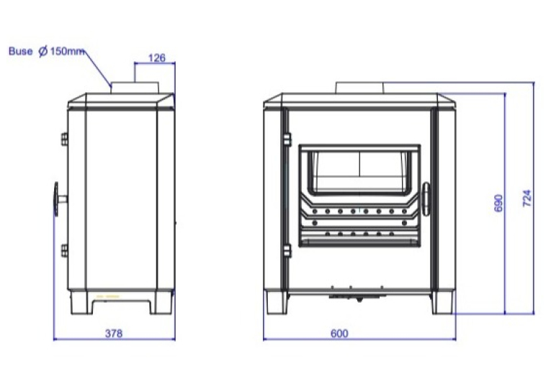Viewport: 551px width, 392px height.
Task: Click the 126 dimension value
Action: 157,58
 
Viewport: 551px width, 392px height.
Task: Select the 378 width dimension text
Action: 114,333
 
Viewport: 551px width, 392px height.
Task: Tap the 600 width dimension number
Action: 339,333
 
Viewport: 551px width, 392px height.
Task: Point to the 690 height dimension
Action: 498,204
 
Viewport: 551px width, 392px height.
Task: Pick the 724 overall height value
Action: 527,199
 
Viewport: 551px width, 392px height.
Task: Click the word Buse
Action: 20,51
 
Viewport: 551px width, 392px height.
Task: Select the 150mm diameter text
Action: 67,51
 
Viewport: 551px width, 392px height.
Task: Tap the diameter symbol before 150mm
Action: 43,52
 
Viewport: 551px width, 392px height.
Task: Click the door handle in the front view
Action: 426,199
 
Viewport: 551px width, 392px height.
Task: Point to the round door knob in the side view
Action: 57,199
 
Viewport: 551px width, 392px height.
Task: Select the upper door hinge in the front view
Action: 287,140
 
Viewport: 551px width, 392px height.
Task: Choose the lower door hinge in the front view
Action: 287,251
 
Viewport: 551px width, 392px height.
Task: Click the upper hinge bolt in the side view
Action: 65,139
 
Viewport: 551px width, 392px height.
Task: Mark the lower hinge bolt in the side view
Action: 65,250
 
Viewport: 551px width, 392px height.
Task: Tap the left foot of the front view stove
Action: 277,302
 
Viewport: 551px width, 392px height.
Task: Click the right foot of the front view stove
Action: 443,302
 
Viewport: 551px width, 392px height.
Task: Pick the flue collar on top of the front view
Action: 359,88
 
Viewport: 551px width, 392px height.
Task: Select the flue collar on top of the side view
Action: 135,88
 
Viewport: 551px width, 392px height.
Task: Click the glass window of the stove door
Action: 359,171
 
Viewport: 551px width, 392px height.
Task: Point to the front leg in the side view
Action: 82,302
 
